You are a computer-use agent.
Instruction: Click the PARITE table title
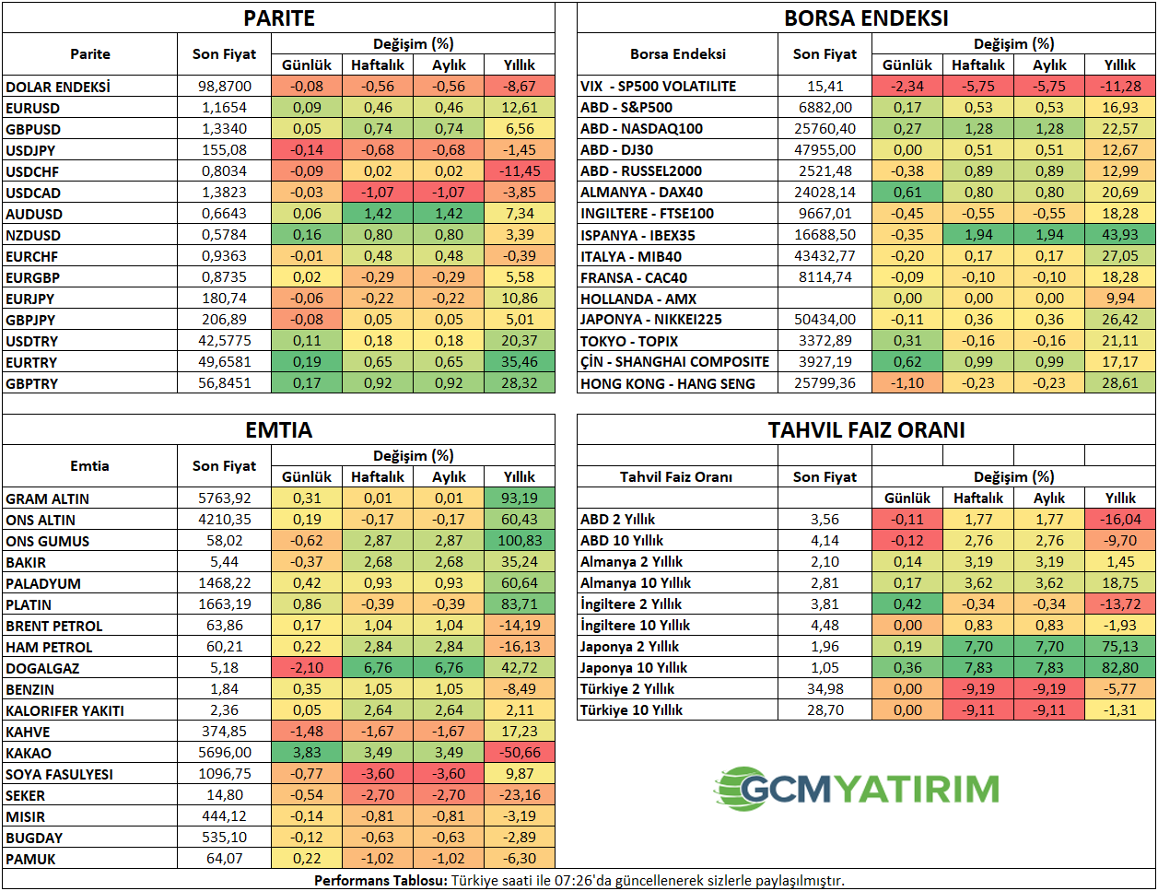click(278, 18)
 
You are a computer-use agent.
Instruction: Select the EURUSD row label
click(33, 108)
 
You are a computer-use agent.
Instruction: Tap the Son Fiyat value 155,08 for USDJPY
click(224, 150)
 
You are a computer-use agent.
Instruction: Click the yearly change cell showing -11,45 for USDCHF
click(520, 171)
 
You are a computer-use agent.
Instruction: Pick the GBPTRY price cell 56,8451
click(224, 383)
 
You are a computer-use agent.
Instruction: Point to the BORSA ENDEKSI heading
click(866, 18)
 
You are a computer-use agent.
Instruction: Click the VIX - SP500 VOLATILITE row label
click(658, 87)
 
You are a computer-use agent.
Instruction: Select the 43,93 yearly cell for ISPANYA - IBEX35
click(1119, 235)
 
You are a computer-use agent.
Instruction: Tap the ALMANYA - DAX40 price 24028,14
click(825, 193)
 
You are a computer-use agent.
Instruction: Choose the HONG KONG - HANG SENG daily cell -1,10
click(907, 383)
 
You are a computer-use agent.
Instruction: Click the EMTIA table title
click(278, 430)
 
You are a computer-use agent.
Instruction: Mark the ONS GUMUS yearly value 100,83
click(520, 541)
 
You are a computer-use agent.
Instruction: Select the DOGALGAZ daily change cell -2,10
click(307, 668)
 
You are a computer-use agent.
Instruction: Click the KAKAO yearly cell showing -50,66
click(520, 753)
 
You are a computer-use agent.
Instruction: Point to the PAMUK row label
click(31, 859)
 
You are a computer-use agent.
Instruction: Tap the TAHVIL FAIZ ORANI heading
click(866, 430)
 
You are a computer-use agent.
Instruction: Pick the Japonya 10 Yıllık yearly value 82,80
click(1119, 668)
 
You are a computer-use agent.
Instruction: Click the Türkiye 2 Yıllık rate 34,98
click(825, 689)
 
